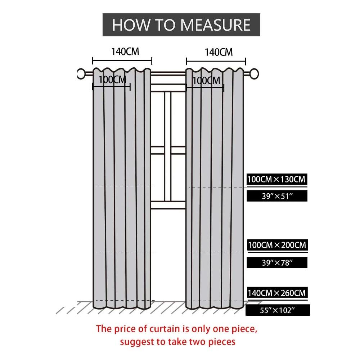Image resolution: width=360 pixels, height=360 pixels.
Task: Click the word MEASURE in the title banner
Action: (215, 25)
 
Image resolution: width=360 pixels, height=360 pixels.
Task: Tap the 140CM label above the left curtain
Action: (125, 51)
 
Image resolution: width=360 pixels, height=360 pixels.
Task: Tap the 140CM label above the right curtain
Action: (219, 52)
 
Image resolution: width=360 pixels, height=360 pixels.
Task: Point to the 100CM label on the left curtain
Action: (112, 80)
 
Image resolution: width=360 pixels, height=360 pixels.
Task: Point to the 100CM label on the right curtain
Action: (206, 81)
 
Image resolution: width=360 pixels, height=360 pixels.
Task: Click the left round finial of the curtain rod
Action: (81, 74)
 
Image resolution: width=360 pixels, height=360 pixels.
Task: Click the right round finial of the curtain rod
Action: (254, 74)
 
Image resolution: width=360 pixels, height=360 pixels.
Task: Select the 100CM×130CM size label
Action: (276, 179)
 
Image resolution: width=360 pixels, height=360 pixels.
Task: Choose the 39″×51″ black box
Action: (277, 196)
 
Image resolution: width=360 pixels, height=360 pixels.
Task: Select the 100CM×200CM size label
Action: (277, 245)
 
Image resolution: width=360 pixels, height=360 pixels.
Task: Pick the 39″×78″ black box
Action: (277, 262)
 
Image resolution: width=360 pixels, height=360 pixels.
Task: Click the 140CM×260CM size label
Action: (277, 293)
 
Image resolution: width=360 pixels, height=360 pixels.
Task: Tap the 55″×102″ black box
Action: (278, 310)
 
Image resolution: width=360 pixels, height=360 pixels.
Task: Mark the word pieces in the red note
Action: (222, 342)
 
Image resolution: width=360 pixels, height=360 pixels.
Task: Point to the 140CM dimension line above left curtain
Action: (122, 61)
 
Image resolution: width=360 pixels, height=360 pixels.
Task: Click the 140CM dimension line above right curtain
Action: (216, 62)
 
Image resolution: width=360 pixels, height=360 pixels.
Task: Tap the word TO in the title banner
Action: (165, 25)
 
